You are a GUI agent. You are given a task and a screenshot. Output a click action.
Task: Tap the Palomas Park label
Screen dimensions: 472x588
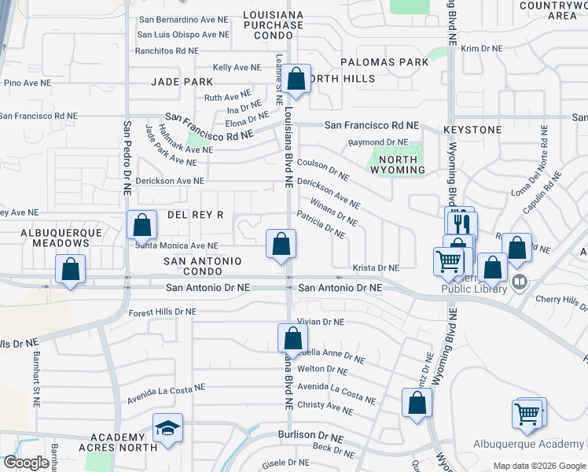[384, 61]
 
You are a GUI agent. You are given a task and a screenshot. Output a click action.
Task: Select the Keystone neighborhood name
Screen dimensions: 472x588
[472, 129]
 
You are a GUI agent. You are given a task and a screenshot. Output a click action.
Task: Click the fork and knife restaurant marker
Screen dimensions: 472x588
[461, 223]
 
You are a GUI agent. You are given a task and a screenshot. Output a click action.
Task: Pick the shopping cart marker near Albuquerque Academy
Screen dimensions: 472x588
[527, 412]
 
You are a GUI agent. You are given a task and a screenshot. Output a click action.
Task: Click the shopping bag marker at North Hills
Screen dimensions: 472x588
[296, 79]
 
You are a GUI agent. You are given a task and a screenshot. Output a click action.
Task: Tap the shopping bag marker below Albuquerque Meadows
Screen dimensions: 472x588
[71, 269]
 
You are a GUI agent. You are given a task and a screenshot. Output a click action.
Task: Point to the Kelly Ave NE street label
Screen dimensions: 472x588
[237, 68]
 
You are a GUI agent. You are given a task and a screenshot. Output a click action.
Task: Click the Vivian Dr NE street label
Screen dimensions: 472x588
[321, 322]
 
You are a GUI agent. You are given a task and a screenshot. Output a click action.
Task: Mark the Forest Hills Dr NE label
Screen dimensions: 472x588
[162, 312]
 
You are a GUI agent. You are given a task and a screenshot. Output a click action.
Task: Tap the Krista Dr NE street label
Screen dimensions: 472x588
[376, 267]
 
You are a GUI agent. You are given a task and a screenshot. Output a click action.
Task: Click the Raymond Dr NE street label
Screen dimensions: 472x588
[378, 142]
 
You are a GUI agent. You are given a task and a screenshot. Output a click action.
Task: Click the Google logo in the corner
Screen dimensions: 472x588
[26, 463]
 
